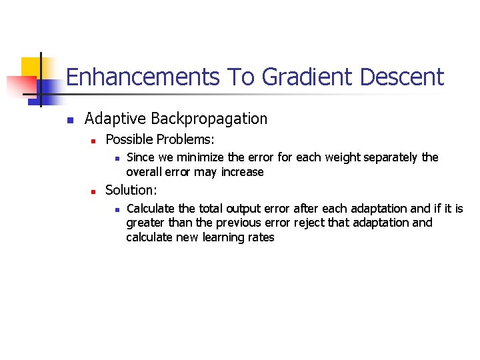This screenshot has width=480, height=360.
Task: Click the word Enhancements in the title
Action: pyautogui.click(x=143, y=77)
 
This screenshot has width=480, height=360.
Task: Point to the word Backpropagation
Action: pyautogui.click(x=209, y=119)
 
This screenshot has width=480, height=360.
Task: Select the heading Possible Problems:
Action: pyautogui.click(x=160, y=139)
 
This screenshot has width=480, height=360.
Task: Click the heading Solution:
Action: pyautogui.click(x=131, y=190)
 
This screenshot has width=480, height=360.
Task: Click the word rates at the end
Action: pyautogui.click(x=260, y=237)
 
